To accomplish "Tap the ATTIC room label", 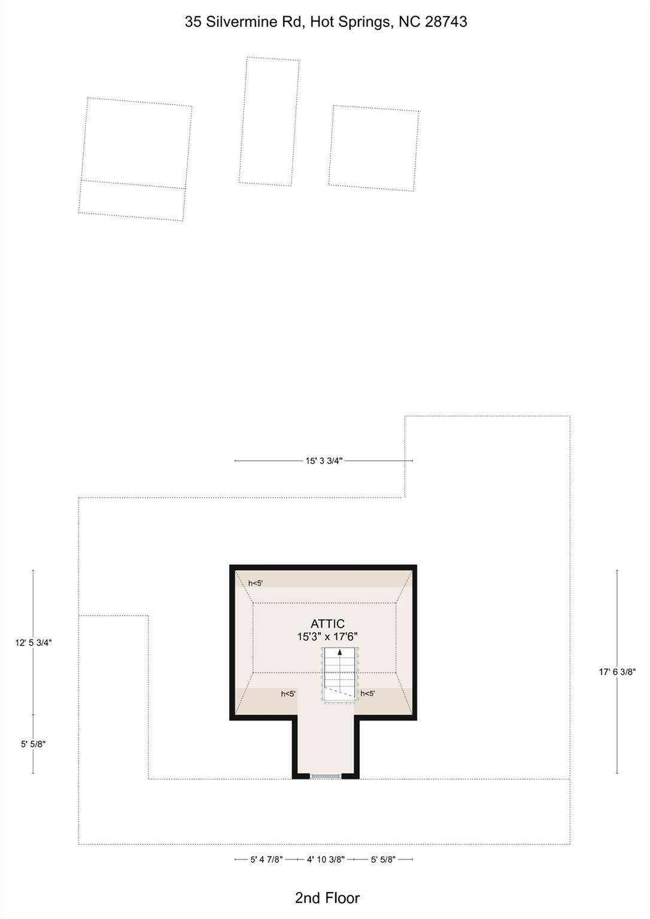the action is [327, 623].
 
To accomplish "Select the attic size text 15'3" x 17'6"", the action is [327, 637].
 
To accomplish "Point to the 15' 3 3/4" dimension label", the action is [324, 461].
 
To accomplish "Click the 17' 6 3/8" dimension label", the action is [617, 672].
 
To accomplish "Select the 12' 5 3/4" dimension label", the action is [34, 643].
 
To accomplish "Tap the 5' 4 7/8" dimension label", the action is [267, 860].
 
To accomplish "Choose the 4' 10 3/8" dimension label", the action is [326, 860].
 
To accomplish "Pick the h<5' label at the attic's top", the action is [255, 583].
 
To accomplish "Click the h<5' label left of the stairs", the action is [288, 694].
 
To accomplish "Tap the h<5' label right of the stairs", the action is [367, 693].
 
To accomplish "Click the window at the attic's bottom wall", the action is [326, 776].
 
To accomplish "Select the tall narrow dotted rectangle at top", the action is [269, 121].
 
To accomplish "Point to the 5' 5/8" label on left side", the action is [34, 744].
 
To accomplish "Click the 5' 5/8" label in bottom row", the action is [383, 860].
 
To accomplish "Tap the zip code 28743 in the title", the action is [446, 22].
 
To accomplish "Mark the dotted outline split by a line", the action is [135, 159].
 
